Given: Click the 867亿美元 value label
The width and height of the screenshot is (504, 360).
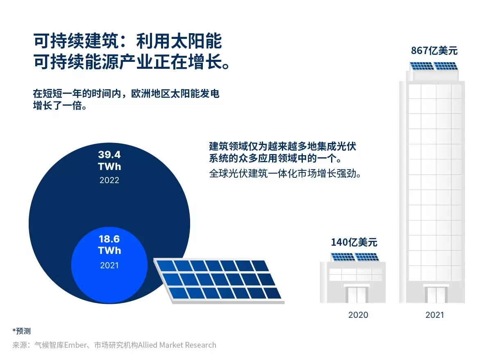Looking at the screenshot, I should point(434,51).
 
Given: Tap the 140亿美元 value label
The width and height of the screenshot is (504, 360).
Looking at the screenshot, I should point(354,242).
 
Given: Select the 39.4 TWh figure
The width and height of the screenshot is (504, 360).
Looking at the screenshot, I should point(109,161).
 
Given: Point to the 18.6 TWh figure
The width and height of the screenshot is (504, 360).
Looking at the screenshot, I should point(109,245).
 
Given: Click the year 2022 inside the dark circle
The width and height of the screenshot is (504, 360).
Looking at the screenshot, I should point(109,180).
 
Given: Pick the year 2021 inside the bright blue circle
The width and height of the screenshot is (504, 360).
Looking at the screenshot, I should point(109,265).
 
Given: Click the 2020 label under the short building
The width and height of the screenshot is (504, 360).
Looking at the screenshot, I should point(358,315).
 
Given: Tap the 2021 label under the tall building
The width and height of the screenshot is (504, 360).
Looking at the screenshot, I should point(434,315).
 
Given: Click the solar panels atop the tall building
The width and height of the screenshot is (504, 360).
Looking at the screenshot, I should point(434,66).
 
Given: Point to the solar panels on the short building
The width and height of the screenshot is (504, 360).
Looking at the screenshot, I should point(355,257).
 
